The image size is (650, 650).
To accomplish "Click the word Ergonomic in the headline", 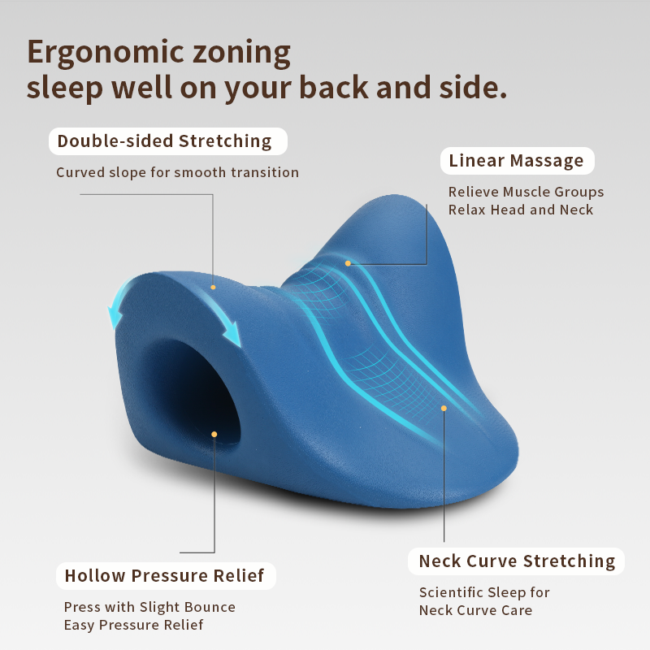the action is [x=106, y=53].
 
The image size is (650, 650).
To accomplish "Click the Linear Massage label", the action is [x=517, y=161].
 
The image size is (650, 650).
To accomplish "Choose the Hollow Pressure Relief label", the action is [x=166, y=576].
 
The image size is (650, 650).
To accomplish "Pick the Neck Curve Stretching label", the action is [x=516, y=561].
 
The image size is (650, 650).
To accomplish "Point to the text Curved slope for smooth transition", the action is [x=177, y=172].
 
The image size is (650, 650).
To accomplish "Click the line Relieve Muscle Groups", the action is [x=526, y=192].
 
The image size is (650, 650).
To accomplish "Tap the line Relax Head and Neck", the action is [x=521, y=210].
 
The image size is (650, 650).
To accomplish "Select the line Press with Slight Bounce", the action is [x=149, y=607].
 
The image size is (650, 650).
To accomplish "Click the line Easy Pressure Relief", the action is [x=133, y=625].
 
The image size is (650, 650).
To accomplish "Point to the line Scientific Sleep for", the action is [x=484, y=593].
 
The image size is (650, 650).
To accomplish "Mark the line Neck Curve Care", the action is [x=475, y=611].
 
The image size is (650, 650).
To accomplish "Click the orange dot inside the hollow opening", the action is [x=214, y=435].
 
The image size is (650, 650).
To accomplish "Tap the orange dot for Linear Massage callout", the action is [x=348, y=263].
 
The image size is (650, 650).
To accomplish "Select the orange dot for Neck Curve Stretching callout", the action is [x=444, y=409].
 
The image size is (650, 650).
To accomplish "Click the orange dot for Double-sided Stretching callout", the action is [x=213, y=288].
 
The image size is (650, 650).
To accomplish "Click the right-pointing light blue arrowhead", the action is [x=233, y=334].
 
